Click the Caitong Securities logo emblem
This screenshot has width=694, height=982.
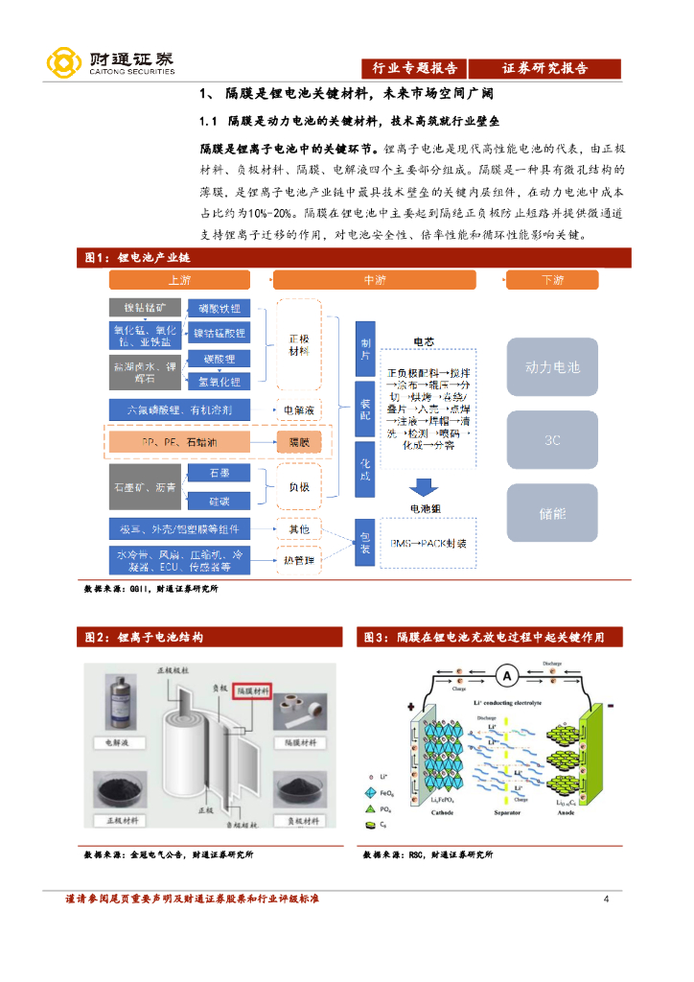pyautogui.click(x=64, y=63)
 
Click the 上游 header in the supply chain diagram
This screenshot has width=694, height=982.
pyautogui.click(x=179, y=280)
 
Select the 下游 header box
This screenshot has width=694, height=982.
pyautogui.click(x=552, y=280)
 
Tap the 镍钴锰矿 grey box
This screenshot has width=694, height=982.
pyautogui.click(x=145, y=308)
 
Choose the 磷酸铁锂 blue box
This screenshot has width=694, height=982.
pyautogui.click(x=220, y=308)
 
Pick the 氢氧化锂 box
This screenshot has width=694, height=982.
pyautogui.click(x=220, y=381)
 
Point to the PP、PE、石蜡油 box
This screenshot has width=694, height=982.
pyautogui.click(x=179, y=441)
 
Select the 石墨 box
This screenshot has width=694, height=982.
pyautogui.click(x=220, y=474)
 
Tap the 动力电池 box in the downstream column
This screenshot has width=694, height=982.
pyautogui.click(x=552, y=367)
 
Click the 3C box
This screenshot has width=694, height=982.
pyautogui.click(x=552, y=440)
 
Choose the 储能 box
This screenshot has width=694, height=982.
pyautogui.click(x=552, y=513)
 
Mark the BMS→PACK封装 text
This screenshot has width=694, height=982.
pyautogui.click(x=428, y=543)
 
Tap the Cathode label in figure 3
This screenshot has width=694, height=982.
pyautogui.click(x=443, y=811)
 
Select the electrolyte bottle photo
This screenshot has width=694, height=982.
pyautogui.click(x=117, y=704)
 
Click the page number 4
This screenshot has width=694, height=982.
pyautogui.click(x=606, y=899)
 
